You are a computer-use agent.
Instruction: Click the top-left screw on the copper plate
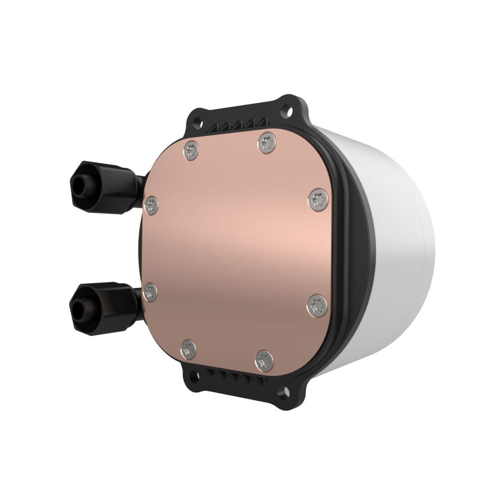[x=192, y=150]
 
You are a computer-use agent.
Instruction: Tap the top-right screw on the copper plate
[x=266, y=142]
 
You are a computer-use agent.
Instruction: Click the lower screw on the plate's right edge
[x=315, y=304]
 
